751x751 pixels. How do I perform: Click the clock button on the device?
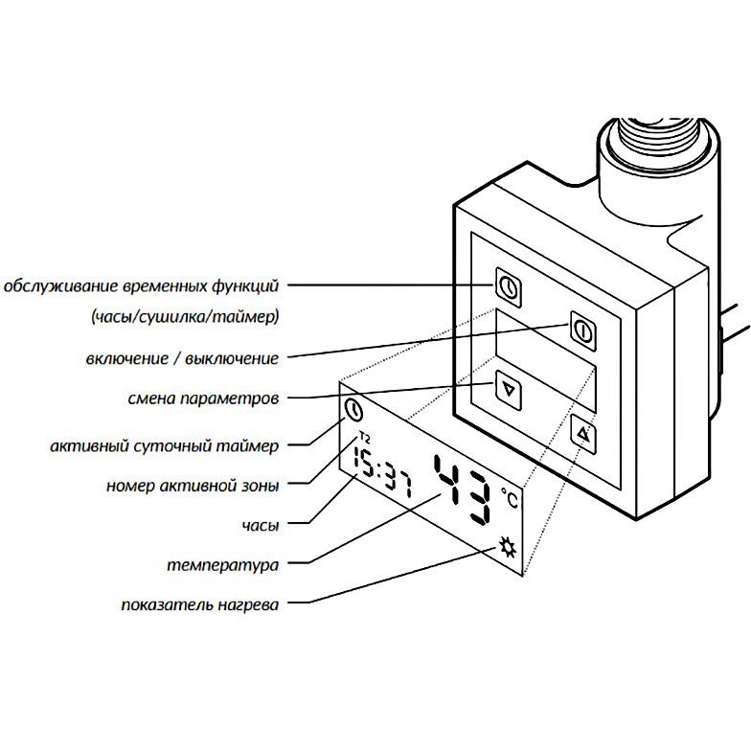tap(509, 284)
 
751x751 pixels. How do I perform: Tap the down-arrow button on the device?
tap(509, 390)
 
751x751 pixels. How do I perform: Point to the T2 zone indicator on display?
tap(363, 438)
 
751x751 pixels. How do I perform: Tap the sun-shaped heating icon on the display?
tap(507, 548)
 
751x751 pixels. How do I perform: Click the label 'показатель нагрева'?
tap(200, 605)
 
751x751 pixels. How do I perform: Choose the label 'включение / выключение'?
tap(181, 358)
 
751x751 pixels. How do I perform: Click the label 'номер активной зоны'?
tap(193, 486)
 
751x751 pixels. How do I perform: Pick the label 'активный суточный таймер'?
tap(164, 446)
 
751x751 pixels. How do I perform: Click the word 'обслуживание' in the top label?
tap(56, 286)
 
